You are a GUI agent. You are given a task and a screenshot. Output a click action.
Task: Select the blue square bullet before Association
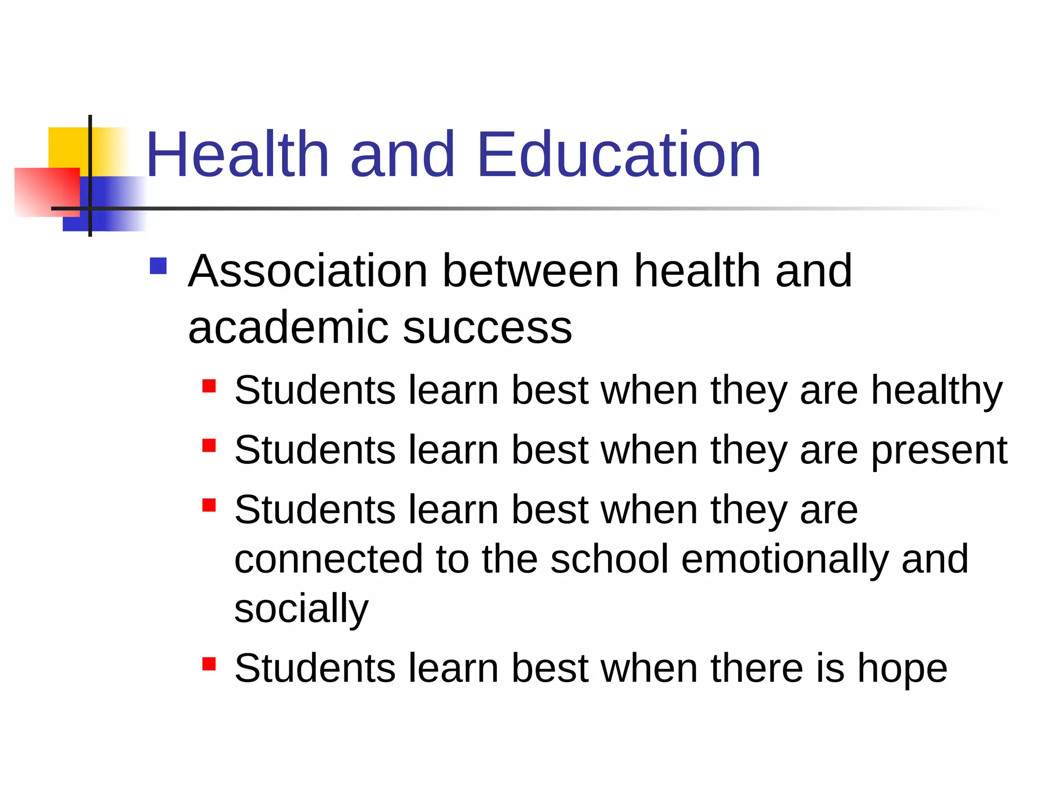[x=158, y=266]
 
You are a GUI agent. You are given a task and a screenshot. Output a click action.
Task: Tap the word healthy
[x=937, y=391]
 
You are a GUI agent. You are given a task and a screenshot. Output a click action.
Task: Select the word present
[x=939, y=451]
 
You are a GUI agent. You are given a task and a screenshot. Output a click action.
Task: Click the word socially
[x=301, y=609]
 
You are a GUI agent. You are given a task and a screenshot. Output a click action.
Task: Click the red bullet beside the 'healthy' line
[x=209, y=386]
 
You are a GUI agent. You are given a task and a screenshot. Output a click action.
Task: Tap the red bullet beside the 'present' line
[x=209, y=446]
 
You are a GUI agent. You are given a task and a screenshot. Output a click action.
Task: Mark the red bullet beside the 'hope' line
[x=209, y=664]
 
